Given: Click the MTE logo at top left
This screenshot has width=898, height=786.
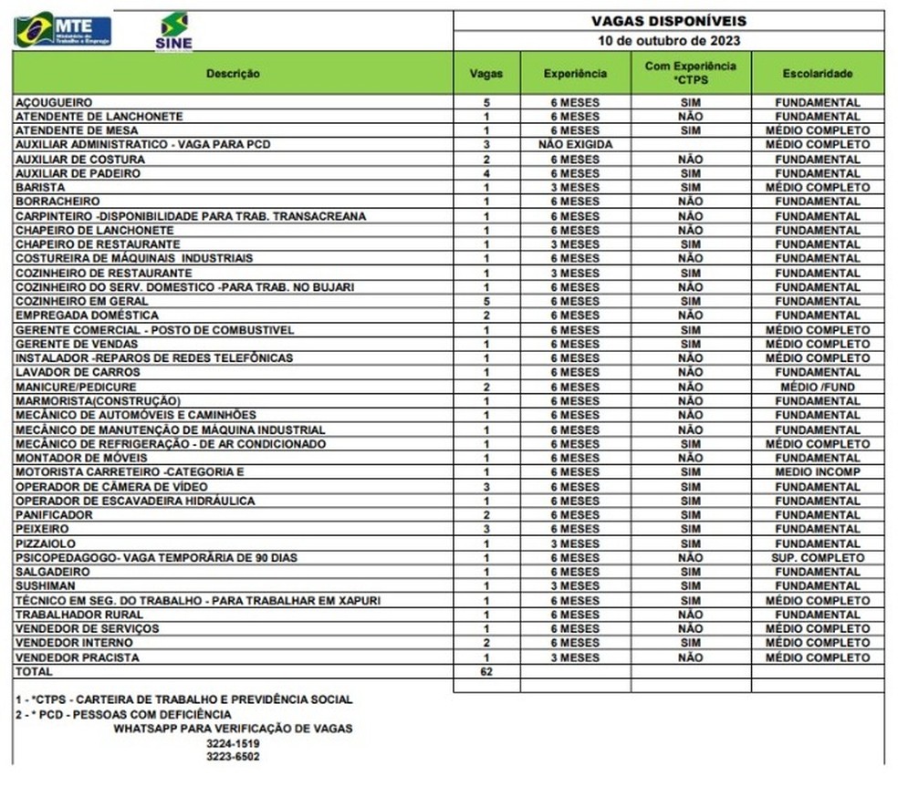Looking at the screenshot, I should coord(62,30).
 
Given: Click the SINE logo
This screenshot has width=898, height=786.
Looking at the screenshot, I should coord(173,31).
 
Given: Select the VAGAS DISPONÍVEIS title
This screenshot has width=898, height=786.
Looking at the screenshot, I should coord(669,20).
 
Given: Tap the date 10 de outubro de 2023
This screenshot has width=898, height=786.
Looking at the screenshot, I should coord(669,40).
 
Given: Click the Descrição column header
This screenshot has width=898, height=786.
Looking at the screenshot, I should coord(233,73).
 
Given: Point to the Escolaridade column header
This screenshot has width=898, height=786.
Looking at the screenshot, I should coord(817,73).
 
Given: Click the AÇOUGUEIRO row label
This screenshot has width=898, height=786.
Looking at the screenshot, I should coord(55,102).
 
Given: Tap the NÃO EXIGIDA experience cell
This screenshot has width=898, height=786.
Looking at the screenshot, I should coord(575,145).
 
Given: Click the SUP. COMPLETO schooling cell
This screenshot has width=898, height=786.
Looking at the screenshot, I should coord(817,558).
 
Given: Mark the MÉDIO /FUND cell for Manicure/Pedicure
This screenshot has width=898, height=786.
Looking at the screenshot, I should coord(817,387).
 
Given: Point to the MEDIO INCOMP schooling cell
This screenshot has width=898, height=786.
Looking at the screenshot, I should coord(817,472).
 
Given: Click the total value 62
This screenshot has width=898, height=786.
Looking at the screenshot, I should coord(486,671).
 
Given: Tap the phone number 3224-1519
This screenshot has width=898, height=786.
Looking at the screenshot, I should coord(233,743).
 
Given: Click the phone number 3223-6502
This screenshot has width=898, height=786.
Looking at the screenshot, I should coord(233,757).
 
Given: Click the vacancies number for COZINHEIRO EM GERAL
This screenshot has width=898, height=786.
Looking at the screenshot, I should coord(486,301).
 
